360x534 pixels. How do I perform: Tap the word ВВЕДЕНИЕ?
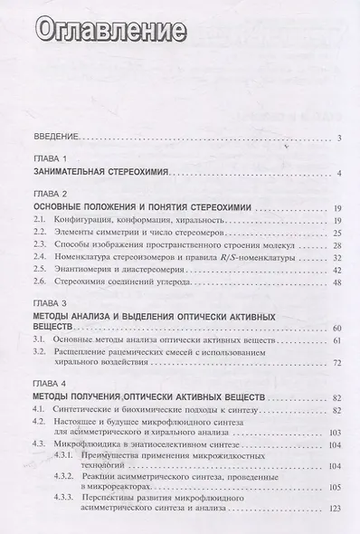point(54,138)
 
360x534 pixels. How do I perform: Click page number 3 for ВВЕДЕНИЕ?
point(336,138)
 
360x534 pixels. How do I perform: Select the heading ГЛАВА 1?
point(45,158)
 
